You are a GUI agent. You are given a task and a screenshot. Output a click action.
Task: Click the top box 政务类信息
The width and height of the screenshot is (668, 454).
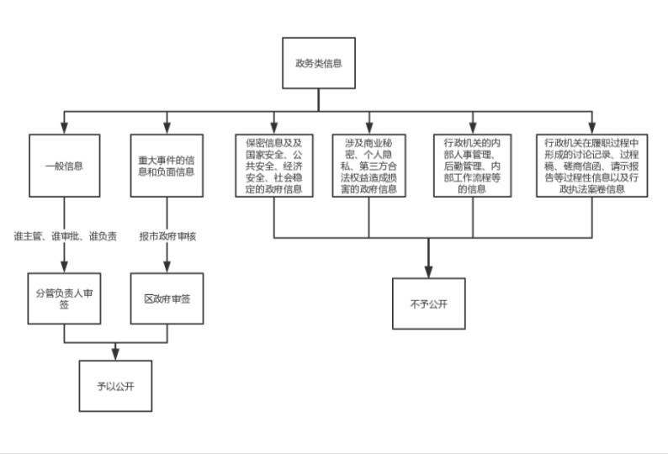319,63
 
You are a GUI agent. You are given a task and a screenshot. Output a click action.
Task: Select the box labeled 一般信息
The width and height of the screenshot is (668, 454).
64,166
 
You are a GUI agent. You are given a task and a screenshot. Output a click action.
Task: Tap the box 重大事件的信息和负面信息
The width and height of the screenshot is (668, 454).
167,166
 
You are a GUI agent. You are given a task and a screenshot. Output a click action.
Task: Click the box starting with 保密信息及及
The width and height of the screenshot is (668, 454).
274,166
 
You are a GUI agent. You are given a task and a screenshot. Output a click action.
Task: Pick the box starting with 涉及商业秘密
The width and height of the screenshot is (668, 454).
369,166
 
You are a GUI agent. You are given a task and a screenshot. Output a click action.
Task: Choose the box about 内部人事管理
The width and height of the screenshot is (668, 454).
473,166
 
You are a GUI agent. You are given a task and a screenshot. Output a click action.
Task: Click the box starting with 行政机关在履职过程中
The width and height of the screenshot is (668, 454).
591,166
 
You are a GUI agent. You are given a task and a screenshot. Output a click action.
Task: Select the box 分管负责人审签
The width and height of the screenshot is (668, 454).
64,298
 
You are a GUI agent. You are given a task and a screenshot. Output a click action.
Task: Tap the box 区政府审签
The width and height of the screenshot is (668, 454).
167,298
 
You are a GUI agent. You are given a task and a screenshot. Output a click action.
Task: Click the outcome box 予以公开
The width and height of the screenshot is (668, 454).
115,386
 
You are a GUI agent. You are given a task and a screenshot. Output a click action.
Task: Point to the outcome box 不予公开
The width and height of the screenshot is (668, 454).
428,304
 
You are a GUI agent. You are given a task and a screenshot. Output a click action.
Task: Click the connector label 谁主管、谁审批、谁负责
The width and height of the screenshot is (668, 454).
65,236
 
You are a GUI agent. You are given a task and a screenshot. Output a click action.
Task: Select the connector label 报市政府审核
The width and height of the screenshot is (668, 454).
167,236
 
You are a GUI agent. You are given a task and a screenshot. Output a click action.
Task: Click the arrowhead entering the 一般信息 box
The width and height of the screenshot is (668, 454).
64,128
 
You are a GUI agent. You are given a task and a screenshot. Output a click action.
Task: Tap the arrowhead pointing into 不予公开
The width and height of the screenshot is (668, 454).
428,272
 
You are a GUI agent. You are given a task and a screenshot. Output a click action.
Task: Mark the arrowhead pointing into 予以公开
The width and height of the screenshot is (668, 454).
115,355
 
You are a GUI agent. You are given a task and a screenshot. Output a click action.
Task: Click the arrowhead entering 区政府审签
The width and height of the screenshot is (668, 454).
167,267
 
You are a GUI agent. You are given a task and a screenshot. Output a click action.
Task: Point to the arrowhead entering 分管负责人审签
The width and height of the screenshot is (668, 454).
64,267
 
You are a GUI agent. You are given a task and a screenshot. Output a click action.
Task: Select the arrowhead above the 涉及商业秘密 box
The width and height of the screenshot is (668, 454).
369,128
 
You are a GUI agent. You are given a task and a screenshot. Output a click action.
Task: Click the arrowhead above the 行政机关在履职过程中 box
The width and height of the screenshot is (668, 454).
591,128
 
